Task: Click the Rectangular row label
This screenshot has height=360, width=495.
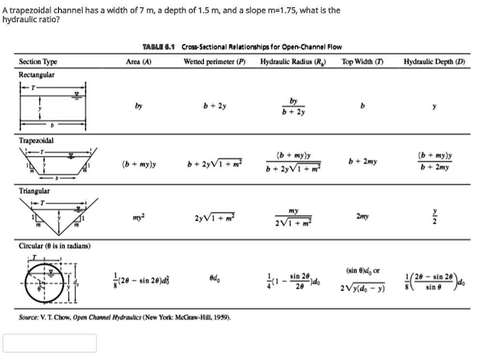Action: [x=36, y=75]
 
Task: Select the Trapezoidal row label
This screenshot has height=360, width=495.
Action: [x=36, y=140]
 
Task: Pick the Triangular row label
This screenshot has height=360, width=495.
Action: [x=34, y=191]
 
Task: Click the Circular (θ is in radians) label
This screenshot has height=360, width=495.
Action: [x=54, y=246]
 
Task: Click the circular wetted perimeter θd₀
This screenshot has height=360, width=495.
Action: [x=215, y=279]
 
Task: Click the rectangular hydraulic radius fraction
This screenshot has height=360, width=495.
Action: [x=293, y=106]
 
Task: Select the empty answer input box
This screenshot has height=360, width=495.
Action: [x=49, y=343]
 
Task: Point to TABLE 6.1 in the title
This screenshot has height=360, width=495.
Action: [x=160, y=47]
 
